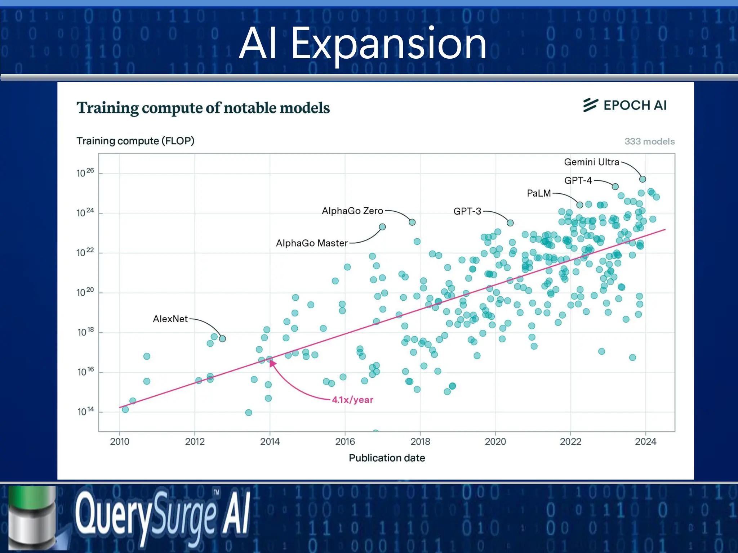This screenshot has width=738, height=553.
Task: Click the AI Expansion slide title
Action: click(363, 44)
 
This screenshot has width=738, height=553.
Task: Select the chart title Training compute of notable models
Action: click(203, 108)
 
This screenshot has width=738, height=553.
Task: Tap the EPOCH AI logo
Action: click(625, 105)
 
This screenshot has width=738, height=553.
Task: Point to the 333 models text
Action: click(649, 141)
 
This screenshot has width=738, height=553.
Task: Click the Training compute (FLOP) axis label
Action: click(135, 141)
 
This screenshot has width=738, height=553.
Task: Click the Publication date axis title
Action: click(387, 458)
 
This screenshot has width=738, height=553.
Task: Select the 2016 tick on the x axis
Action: click(345, 441)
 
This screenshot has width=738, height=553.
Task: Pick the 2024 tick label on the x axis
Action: click(645, 441)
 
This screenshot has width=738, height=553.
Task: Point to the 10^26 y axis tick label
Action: click(85, 173)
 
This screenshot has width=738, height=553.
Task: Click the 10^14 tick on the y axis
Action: click(85, 411)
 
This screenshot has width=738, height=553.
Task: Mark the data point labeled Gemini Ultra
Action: click(643, 179)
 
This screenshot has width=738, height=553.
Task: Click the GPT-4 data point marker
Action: click(615, 186)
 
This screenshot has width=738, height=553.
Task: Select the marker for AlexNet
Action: click(222, 339)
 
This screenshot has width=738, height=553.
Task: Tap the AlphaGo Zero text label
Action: click(352, 211)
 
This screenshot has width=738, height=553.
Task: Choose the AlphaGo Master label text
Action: click(312, 243)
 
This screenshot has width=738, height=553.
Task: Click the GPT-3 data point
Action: click(510, 223)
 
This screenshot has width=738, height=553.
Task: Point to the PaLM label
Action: click(539, 193)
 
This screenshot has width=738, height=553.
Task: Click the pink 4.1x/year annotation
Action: click(352, 400)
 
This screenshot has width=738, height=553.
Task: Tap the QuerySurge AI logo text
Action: click(162, 516)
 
